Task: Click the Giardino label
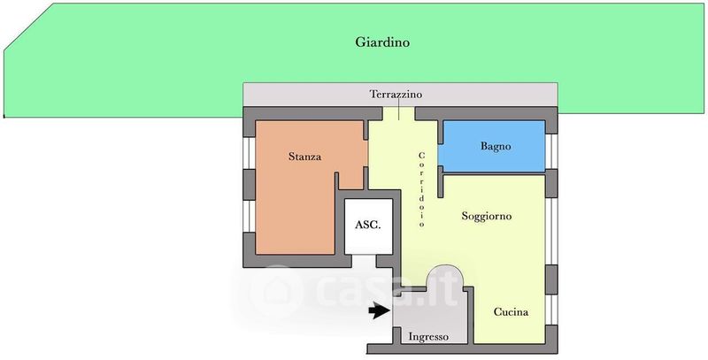tap(382, 42)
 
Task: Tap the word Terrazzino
tap(396, 95)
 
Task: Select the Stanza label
tap(304, 157)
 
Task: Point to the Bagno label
tap(496, 146)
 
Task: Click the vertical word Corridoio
tap(422, 189)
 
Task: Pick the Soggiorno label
tap(486, 216)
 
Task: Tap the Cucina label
tap(511, 311)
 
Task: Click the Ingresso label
tap(428, 336)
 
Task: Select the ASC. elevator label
tap(367, 225)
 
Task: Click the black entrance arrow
tap(380, 310)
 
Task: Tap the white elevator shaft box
tap(368, 226)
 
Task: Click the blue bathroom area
tap(494, 146)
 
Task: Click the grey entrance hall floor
tap(429, 316)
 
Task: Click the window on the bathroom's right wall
tap(551, 151)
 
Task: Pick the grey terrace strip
tap(400, 95)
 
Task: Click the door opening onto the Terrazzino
tap(399, 114)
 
